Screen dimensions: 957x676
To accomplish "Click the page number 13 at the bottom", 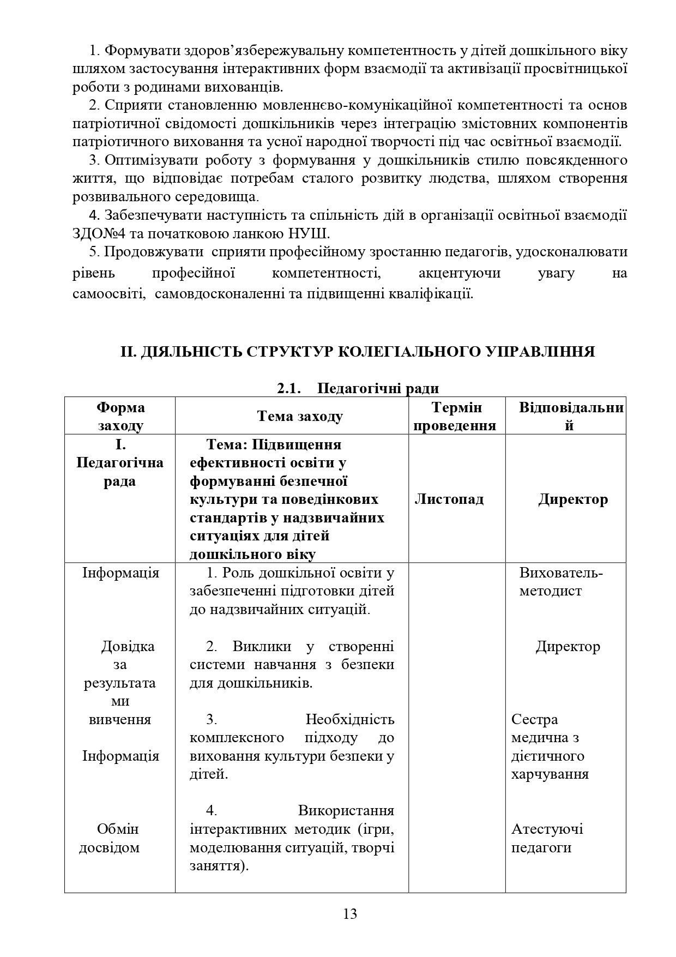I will pyautogui.click(x=350, y=913).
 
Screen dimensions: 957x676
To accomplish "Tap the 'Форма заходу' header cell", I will pyautogui.click(x=120, y=416).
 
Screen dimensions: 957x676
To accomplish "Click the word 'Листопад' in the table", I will pyautogui.click(x=449, y=499).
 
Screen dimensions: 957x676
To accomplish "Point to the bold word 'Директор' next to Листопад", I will pyautogui.click(x=573, y=499).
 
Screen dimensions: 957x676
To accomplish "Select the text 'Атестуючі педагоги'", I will pyautogui.click(x=547, y=838).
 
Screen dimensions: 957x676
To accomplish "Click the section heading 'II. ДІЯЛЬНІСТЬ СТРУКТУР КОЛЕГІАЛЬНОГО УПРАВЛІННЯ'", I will pyautogui.click(x=357, y=352).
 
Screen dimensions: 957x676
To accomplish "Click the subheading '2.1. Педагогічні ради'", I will pyautogui.click(x=358, y=388).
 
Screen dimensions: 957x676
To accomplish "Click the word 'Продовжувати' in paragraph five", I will pyautogui.click(x=153, y=252).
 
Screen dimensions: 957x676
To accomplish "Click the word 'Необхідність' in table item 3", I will pyautogui.click(x=349, y=719).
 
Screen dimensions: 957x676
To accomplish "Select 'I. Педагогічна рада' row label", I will pyautogui.click(x=120, y=463).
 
